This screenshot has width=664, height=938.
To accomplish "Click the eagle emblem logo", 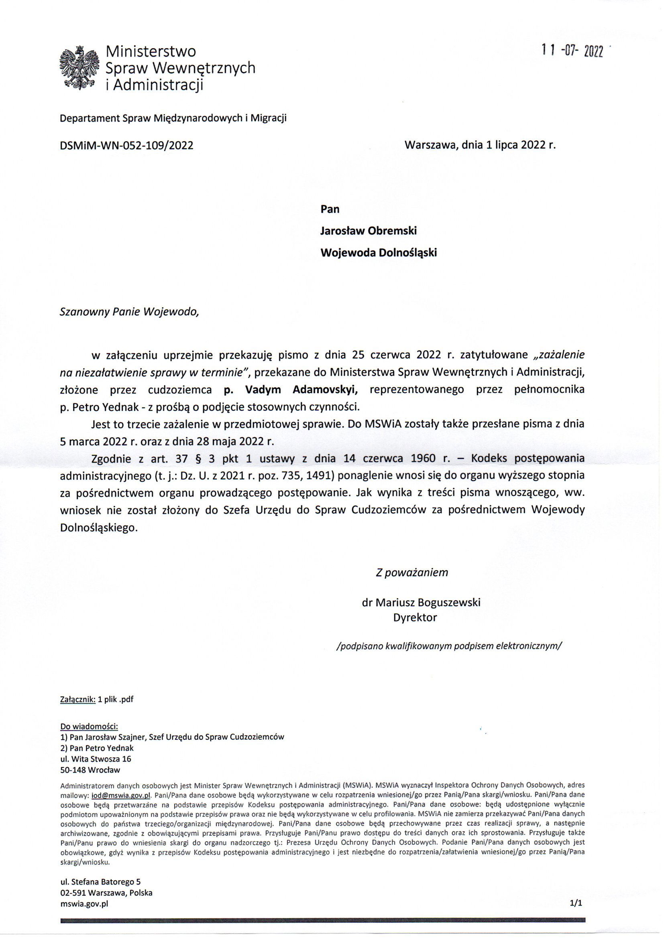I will tap(80, 68).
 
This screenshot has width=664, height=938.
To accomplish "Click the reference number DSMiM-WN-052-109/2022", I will tap(126, 145).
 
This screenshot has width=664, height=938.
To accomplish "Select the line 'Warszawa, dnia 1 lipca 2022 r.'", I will tap(481, 145).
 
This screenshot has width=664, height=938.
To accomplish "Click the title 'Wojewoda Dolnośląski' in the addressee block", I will tap(379, 252).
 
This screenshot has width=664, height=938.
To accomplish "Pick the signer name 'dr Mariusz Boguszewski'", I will tap(421, 602).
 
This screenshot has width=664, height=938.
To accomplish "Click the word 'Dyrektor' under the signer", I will tap(415, 617).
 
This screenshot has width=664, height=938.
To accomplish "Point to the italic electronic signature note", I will tap(448, 646).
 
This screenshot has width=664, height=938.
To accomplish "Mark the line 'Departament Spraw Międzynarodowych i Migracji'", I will tap(173, 118).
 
